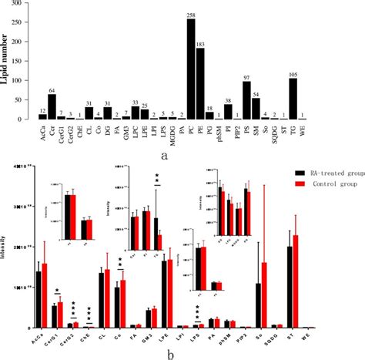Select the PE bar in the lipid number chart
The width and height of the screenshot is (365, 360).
pyautogui.click(x=200, y=86)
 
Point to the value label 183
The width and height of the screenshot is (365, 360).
pyautogui.click(x=200, y=45)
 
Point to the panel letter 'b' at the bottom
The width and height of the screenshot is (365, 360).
pyautogui.click(x=182, y=352)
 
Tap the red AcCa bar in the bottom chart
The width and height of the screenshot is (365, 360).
pyautogui.click(x=44, y=296)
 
